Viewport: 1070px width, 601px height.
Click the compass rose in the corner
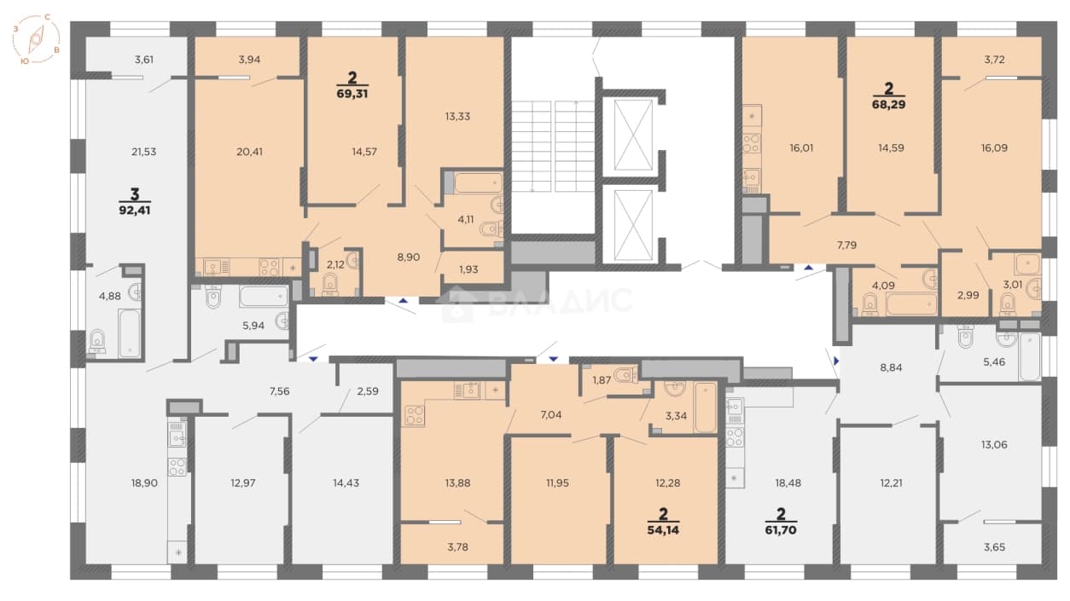(x=36, y=39)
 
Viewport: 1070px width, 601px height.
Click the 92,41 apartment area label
(x=135, y=210)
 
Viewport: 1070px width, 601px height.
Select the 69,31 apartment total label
(x=352, y=94)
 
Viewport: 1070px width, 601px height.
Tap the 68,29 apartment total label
(x=888, y=104)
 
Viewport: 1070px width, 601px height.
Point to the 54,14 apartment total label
(x=663, y=530)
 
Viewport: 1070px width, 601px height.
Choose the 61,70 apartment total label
(x=781, y=530)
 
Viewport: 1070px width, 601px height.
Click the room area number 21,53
(x=144, y=152)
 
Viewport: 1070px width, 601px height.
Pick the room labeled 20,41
(x=249, y=152)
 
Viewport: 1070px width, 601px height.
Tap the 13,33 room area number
(x=457, y=117)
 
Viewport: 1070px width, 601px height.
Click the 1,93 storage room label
(x=468, y=269)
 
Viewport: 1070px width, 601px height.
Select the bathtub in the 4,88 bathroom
(x=130, y=332)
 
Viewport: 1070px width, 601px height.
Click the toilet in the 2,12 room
(x=329, y=286)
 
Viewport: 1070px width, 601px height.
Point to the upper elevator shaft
(x=633, y=135)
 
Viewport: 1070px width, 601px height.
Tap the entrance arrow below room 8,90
(x=404, y=301)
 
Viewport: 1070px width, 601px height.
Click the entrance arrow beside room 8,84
(x=836, y=361)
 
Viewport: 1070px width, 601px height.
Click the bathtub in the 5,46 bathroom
(x=1029, y=356)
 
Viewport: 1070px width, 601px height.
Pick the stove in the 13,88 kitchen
(x=414, y=415)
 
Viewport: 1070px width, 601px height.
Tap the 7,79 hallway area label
(x=846, y=246)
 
